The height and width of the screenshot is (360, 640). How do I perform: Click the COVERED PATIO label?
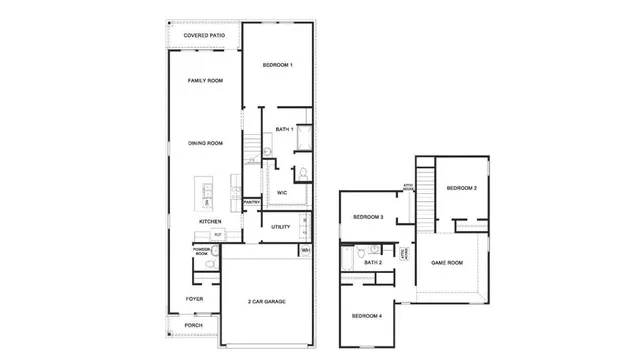coord(204,36)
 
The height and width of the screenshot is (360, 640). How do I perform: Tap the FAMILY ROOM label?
coord(204,80)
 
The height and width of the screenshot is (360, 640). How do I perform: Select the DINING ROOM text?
coord(204,143)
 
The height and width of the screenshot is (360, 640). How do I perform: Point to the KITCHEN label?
coord(209,221)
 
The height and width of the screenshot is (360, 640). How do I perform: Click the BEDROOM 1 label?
coord(277,65)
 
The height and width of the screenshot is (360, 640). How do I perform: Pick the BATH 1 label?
coord(284,129)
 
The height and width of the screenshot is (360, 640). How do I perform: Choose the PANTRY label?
coord(252,202)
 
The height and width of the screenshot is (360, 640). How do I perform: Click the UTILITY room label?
coord(281,226)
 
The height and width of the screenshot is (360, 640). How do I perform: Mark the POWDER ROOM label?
coord(201,252)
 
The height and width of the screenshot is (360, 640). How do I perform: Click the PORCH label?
coord(194,325)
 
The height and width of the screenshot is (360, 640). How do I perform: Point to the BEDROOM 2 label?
coord(461,188)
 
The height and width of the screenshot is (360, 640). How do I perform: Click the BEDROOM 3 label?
coord(368,217)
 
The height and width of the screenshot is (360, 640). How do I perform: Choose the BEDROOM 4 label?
coord(365,316)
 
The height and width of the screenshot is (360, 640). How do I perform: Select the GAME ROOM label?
coord(447,262)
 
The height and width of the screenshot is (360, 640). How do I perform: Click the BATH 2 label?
coord(373,262)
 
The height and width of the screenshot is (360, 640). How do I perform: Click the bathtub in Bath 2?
coord(348,260)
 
